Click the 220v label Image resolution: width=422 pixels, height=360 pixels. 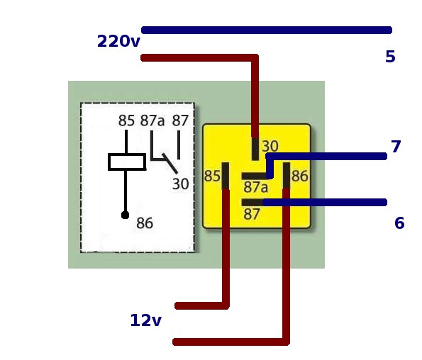[118, 41]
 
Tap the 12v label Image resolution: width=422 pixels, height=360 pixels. [145, 320]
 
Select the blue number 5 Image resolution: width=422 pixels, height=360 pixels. [390, 57]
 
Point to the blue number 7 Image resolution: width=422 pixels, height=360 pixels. [396, 147]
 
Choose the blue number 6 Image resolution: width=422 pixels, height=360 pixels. [399, 223]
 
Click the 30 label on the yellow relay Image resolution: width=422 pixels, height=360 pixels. [270, 146]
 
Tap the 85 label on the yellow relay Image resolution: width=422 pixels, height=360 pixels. [212, 176]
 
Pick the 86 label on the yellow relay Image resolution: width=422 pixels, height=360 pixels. [300, 176]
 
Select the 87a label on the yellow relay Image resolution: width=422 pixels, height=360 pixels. [255, 187]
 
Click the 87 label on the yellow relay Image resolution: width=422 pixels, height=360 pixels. [252, 214]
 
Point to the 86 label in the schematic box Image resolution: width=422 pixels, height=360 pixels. [145, 223]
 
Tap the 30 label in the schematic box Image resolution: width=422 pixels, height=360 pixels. [180, 184]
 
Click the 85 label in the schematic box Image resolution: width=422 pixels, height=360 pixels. [126, 120]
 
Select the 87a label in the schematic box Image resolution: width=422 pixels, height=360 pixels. [152, 120]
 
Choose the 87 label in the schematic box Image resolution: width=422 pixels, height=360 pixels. [180, 120]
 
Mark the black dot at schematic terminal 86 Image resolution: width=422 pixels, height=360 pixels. [125, 215]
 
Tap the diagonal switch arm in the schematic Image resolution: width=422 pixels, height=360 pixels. [170, 164]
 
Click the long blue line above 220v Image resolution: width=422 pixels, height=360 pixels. [267, 30]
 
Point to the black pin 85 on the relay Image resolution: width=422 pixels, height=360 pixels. [226, 176]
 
